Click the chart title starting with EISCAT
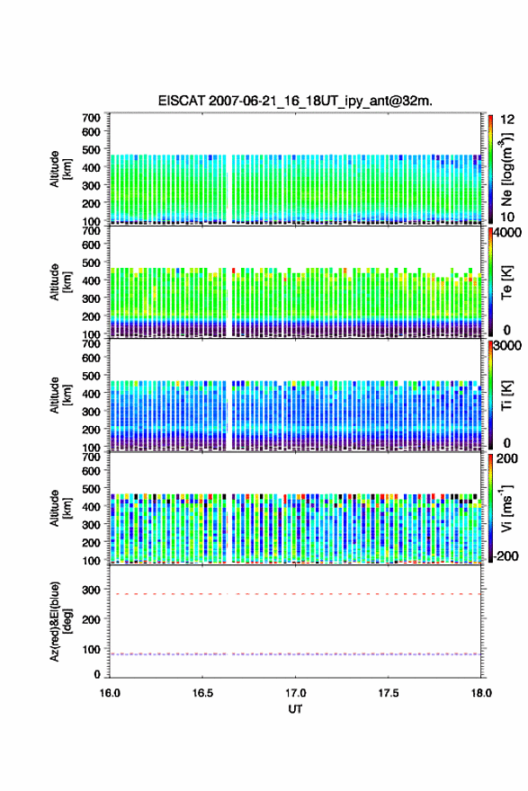tap(295, 101)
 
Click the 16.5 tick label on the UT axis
tap(202, 693)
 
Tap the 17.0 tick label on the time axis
tap(295, 693)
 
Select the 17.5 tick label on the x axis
tap(389, 693)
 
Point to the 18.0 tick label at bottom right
tap(481, 693)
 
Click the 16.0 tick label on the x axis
tap(110, 693)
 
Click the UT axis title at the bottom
tap(295, 709)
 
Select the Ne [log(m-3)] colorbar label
tap(506, 170)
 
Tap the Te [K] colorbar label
tap(506, 282)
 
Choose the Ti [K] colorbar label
tap(506, 395)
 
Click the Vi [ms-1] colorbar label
tap(506, 509)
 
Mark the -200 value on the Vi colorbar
tap(506, 555)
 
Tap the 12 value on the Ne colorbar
tap(508, 120)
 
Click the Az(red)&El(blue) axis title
tap(59, 621)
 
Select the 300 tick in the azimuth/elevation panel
tap(92, 590)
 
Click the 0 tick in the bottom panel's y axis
tap(97, 674)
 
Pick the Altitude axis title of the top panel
tap(60, 170)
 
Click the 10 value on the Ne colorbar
tap(508, 217)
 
